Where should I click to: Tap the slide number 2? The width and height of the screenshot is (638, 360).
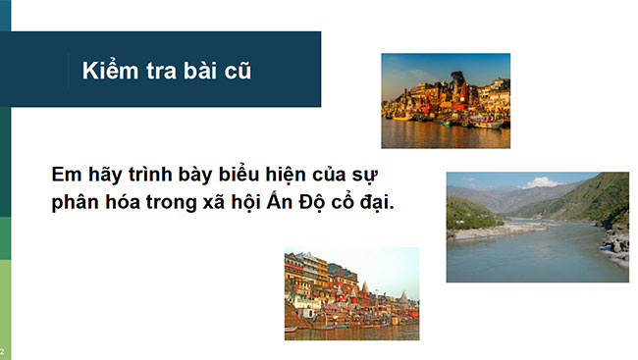(x=3, y=351)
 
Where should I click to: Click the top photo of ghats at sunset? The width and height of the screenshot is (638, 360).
(x=445, y=100)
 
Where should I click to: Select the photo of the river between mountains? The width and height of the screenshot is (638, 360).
(x=537, y=227)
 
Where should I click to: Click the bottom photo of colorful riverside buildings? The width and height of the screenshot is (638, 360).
(x=351, y=293)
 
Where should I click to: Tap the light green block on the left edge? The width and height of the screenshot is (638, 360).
(x=5, y=304)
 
